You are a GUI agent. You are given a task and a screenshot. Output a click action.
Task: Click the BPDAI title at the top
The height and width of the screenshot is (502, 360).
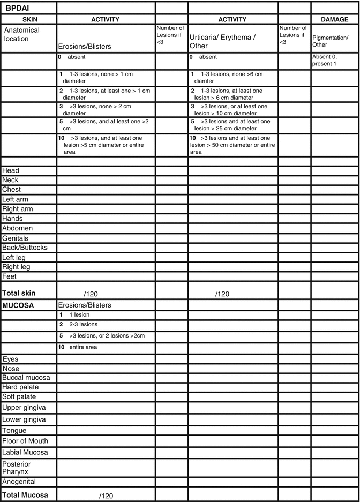pyautogui.click(x=17, y=8)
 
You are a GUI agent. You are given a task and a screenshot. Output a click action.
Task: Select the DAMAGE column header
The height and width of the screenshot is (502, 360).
pyautogui.click(x=334, y=19)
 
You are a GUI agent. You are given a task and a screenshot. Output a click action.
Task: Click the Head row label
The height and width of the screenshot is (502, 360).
pyautogui.click(x=11, y=171)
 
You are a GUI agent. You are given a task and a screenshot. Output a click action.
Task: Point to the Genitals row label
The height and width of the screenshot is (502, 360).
pyautogui.click(x=16, y=238)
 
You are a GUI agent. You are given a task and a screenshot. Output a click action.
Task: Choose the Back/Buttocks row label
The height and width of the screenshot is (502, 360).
pyautogui.click(x=25, y=248)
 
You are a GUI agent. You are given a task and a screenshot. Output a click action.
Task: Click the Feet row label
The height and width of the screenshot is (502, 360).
pyautogui.click(x=10, y=276)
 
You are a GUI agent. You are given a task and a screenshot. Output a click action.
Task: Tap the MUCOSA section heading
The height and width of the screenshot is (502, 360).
pyautogui.click(x=18, y=305)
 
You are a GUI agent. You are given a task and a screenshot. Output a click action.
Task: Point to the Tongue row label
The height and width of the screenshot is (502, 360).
pyautogui.click(x=14, y=430)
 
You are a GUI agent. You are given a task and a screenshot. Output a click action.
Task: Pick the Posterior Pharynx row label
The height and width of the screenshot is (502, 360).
pyautogui.click(x=17, y=467)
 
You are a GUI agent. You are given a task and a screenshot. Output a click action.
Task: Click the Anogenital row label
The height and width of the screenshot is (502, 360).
pyautogui.click(x=19, y=481)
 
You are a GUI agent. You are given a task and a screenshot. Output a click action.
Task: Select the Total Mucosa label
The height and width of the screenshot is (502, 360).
pyautogui.click(x=25, y=495)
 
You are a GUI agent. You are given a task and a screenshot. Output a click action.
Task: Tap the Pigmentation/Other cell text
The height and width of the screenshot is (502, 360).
pyautogui.click(x=330, y=41)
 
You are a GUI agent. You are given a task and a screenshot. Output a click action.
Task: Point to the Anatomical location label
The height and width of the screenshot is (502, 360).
pyautogui.click(x=22, y=34)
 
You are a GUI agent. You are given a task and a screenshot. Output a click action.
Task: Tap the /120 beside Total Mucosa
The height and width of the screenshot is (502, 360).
pyautogui.click(x=106, y=496)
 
